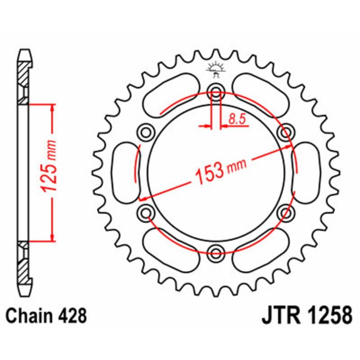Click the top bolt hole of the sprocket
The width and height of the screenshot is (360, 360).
pos(216,94)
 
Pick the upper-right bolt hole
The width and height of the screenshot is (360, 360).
pos(284,132)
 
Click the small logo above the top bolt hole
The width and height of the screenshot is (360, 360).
pos(216,67)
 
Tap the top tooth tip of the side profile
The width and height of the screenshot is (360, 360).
pos(26,50)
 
